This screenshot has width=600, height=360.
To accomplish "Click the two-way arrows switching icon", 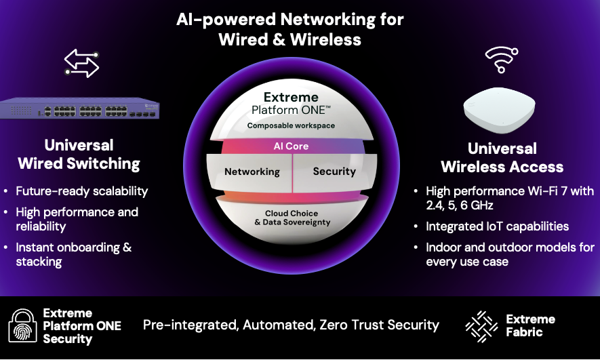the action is point(81,63).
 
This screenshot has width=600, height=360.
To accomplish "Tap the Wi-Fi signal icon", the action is point(501,60).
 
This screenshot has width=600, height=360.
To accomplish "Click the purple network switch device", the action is point(79,108).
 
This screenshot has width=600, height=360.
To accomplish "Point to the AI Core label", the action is point(291,146).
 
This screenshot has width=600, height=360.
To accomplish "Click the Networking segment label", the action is point(252,172).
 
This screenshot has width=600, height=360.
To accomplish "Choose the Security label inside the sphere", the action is point(334,172).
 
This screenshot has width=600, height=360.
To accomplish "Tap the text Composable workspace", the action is point(291,125).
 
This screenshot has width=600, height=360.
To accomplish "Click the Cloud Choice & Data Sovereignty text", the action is point(292,218).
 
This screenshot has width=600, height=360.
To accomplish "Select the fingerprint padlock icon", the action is point(23,325).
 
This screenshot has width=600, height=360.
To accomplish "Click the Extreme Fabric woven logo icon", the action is point(481,326).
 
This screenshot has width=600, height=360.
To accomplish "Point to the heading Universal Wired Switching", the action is point(79,154).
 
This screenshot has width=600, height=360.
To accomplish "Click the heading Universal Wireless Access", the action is point(502,157).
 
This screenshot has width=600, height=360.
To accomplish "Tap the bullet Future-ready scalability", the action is point(82,191).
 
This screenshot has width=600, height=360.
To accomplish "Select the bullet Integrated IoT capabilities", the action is point(498,226).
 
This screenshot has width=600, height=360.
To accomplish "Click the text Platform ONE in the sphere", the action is point(290,111).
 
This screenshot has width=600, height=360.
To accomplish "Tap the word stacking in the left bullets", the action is point(39,262).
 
